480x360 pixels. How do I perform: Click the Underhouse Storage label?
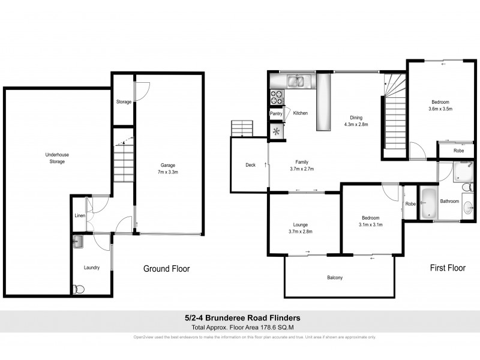(57, 158)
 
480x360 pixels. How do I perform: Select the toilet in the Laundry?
(76, 289)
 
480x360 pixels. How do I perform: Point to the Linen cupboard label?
(79, 215)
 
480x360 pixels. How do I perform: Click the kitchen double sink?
(295, 80)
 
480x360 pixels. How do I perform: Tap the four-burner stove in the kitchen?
(277, 95)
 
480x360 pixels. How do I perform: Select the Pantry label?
(276, 113)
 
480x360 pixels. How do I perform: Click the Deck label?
(250, 165)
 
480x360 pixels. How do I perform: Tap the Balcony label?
(335, 277)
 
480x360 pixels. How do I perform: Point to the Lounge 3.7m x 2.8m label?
(300, 228)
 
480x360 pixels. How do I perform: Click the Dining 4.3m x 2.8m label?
(355, 121)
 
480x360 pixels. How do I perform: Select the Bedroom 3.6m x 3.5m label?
(440, 106)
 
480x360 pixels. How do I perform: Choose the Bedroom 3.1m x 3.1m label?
(370, 221)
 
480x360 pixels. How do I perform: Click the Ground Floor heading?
(166, 269)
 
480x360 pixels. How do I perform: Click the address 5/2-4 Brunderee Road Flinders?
(239, 318)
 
